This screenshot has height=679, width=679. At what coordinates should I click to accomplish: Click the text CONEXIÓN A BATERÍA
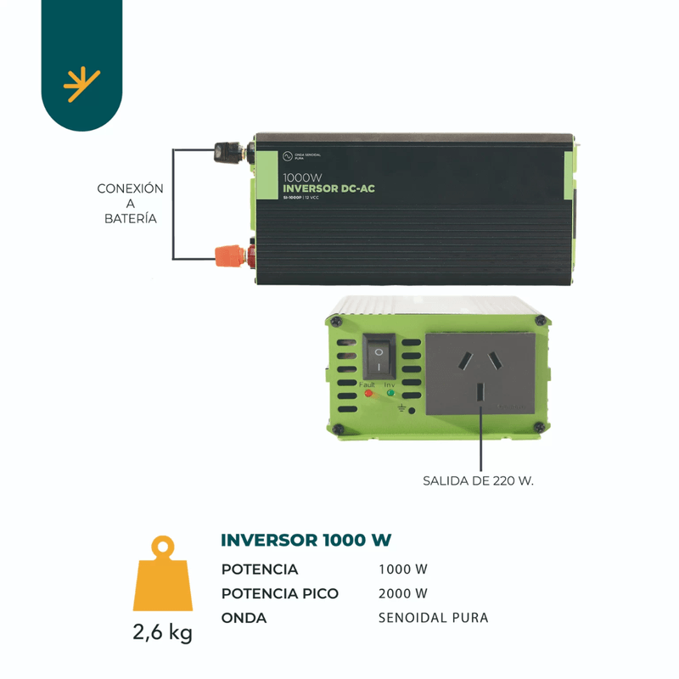[x=130, y=203]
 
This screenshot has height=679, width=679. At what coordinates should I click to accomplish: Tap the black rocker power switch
[x=380, y=356]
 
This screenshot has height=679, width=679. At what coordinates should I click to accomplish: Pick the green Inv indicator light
[x=390, y=394]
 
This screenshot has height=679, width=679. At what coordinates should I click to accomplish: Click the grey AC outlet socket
[x=480, y=373]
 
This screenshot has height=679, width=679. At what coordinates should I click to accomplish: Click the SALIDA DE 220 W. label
[x=479, y=481]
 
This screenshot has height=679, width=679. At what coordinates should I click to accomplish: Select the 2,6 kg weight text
[x=162, y=633]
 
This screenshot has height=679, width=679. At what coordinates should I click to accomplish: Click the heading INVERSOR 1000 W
[x=306, y=541]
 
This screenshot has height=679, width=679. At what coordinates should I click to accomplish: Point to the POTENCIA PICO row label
[x=279, y=593]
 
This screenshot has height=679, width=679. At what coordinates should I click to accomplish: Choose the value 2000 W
[x=403, y=593]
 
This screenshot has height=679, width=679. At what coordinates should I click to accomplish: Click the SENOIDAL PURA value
[x=433, y=618]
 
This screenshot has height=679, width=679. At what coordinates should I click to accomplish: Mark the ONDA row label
[x=244, y=618]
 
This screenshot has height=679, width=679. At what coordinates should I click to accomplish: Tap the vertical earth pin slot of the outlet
[x=480, y=394]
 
